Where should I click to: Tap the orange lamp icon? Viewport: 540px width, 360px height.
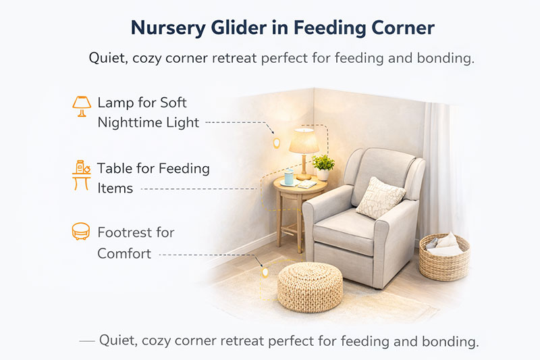point(81,105)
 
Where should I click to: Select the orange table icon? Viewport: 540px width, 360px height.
point(81,174)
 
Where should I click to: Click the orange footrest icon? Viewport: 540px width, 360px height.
point(81,232)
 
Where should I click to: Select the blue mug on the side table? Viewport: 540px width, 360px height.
point(289,178)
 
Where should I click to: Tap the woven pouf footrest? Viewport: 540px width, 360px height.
point(310,286)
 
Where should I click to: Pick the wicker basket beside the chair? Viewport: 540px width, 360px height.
point(444,256)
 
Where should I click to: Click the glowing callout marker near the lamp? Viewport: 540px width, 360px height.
point(276,143)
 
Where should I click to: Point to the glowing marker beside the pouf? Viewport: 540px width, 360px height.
point(265,274)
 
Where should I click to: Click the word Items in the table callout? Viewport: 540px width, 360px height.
point(115,188)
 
